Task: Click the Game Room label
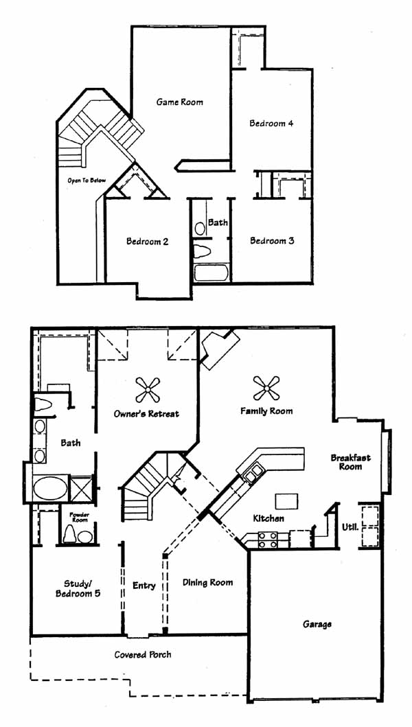pos(179,102)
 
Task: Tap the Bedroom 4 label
pos(271,124)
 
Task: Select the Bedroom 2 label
pos(147,242)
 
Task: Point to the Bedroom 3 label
pos(272,241)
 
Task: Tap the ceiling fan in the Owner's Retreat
pos(148,389)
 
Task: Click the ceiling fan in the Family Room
pos(267,388)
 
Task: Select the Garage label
pos(317,624)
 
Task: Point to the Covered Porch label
pos(143,655)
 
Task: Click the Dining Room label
pos(207,582)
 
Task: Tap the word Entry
pos(144,586)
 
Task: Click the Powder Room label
pos(79,518)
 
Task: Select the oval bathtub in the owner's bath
pos(50,488)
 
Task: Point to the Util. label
pos(350,527)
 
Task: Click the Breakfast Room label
pos(351,462)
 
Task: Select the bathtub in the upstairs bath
pos(211,272)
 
